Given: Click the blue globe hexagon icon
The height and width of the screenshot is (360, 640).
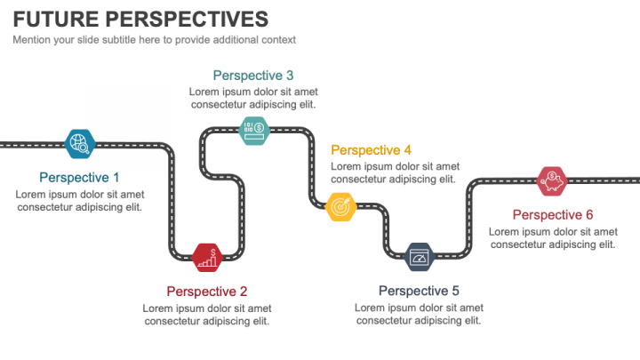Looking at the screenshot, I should pyautogui.click(x=80, y=142).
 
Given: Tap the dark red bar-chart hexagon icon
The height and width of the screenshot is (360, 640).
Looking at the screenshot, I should pyautogui.click(x=207, y=257).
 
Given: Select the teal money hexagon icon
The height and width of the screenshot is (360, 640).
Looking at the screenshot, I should pyautogui.click(x=253, y=130).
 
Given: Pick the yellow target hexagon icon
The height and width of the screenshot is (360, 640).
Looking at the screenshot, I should pyautogui.click(x=340, y=206).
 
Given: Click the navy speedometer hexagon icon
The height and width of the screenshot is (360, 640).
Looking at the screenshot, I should pyautogui.click(x=419, y=257).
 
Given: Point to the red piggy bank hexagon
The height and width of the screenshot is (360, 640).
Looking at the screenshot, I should pyautogui.click(x=552, y=180).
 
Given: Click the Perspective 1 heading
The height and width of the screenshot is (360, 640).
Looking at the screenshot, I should pyautogui.click(x=79, y=177).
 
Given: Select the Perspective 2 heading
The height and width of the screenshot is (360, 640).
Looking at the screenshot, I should pyautogui.click(x=207, y=291).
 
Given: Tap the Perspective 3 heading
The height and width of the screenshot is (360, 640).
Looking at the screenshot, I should pyautogui.click(x=253, y=76).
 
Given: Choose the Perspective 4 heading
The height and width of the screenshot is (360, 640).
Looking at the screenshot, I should pyautogui.click(x=372, y=150).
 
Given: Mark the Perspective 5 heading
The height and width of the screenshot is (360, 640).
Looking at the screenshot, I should pyautogui.click(x=419, y=291).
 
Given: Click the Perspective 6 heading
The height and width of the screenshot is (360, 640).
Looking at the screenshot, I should pyautogui.click(x=553, y=214).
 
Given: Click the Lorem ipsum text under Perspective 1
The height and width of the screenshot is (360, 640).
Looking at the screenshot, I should pyautogui.click(x=80, y=201).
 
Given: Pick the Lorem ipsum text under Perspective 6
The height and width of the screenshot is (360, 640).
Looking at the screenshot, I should pyautogui.click(x=553, y=238).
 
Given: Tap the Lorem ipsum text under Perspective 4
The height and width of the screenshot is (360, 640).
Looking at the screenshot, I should pyautogui.click(x=396, y=172).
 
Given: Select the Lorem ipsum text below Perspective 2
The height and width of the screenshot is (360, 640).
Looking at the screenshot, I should pyautogui.click(x=207, y=315).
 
